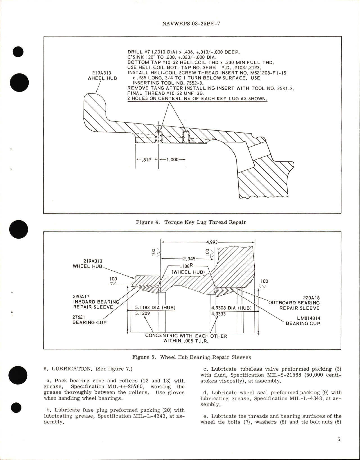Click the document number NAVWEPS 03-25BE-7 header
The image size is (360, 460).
191,24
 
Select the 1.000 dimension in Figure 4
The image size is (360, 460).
172,160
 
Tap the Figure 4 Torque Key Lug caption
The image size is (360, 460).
191,222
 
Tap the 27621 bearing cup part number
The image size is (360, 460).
79,317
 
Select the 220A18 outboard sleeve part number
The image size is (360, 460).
311,298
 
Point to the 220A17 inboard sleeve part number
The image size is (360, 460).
81,296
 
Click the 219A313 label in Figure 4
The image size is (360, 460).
102,73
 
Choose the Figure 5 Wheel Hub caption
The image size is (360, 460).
191,357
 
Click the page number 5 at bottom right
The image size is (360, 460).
339,439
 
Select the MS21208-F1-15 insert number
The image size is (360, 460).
270,73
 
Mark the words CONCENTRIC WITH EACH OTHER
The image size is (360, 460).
186,336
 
